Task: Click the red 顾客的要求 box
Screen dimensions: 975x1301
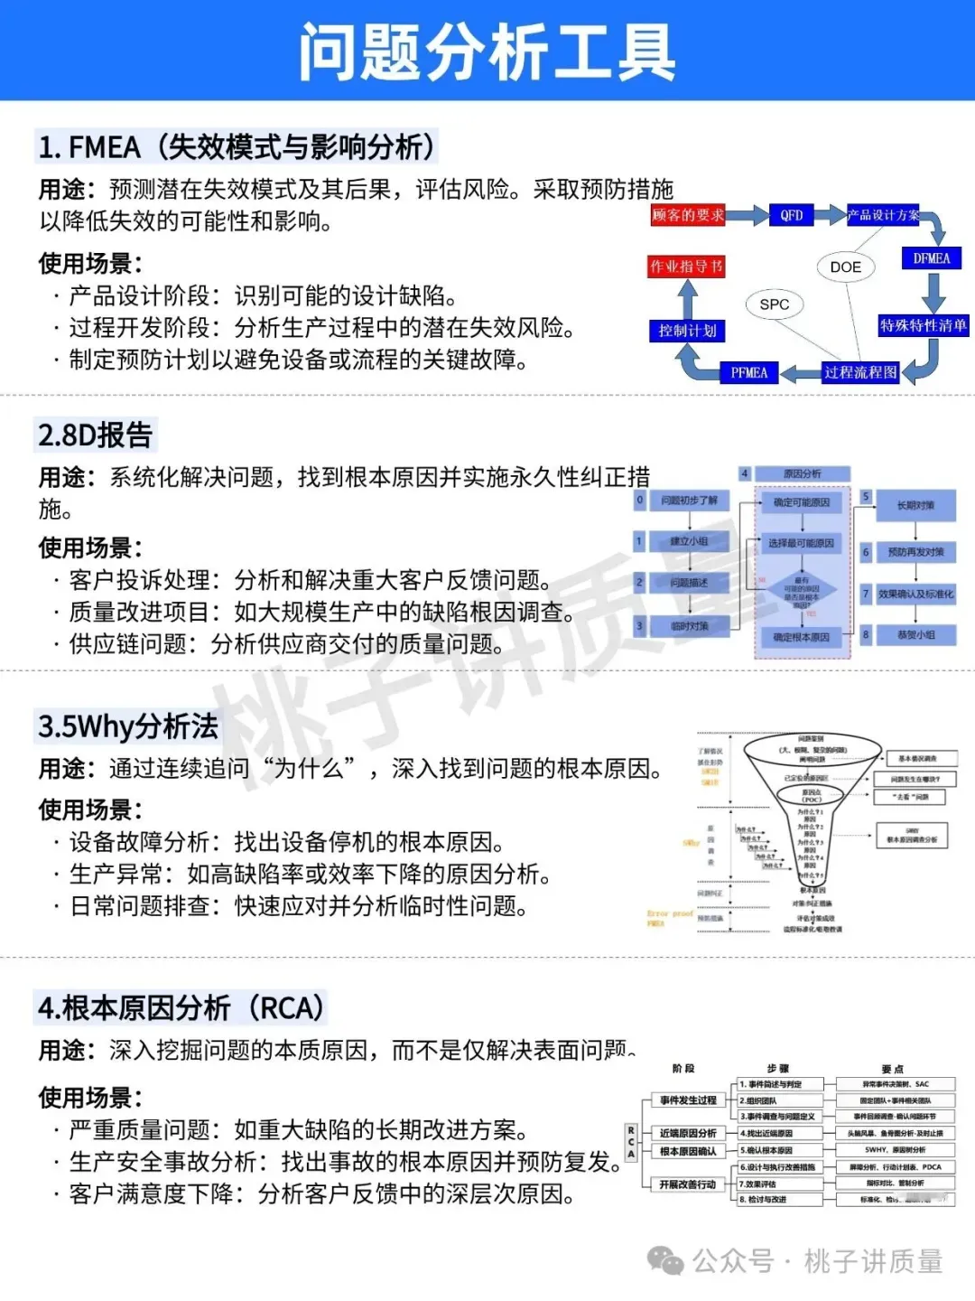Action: (x=688, y=215)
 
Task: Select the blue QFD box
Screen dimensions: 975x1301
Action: (x=791, y=215)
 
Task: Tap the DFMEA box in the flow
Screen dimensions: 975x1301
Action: (x=931, y=258)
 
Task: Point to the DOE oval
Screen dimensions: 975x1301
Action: (x=845, y=267)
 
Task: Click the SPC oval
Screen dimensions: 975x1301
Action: (x=774, y=304)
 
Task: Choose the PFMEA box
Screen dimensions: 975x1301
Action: (x=748, y=372)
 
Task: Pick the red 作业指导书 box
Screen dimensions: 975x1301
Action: (x=686, y=267)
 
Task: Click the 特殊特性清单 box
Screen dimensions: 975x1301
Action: (x=923, y=325)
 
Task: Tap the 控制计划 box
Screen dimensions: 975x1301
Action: (x=686, y=331)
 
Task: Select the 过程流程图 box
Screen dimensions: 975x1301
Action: (x=860, y=372)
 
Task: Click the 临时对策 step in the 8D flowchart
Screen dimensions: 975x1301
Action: (x=689, y=625)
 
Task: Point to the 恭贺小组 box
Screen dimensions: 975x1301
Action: (x=915, y=635)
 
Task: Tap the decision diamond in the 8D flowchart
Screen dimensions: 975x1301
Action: (x=802, y=592)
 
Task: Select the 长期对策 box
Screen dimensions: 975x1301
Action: (x=915, y=505)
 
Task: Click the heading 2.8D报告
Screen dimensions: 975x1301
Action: (x=96, y=435)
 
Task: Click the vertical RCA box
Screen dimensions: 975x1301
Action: (x=631, y=1143)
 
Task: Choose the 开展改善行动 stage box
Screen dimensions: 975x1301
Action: (x=687, y=1184)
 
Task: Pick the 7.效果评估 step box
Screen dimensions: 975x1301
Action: (x=780, y=1184)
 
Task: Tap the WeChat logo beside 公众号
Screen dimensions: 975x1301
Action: (x=666, y=1260)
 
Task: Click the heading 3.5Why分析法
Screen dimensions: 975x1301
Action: (x=128, y=725)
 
